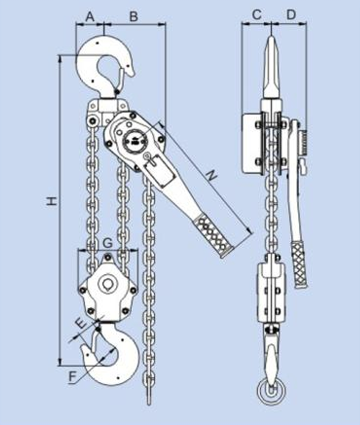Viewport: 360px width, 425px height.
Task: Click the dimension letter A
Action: [90, 16]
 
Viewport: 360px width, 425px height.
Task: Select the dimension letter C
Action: [256, 15]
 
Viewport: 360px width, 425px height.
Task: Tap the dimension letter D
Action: [290, 15]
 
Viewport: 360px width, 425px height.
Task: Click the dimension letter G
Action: [108, 242]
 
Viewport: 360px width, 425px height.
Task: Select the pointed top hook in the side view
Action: [271, 68]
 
